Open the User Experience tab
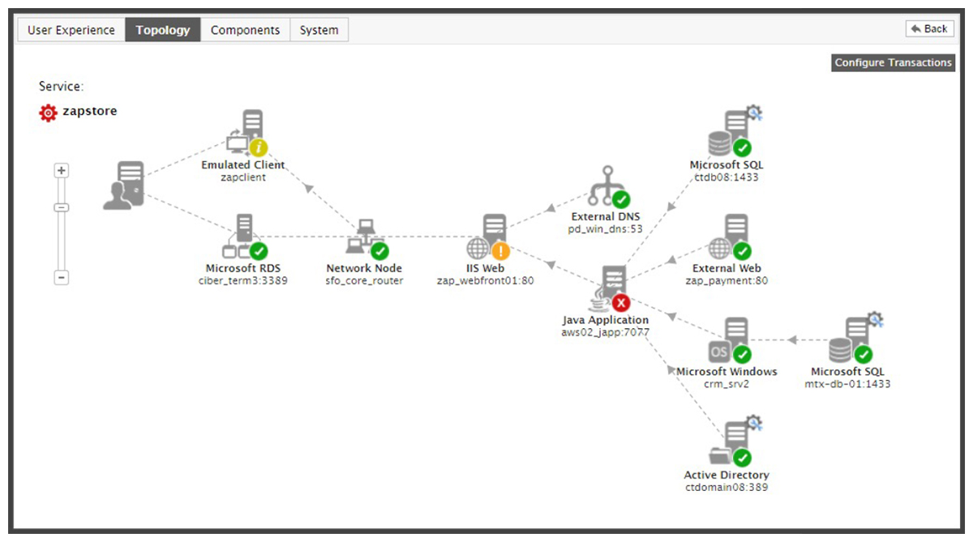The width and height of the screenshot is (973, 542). [71, 30]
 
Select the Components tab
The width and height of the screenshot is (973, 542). [245, 30]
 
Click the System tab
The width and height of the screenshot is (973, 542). [319, 30]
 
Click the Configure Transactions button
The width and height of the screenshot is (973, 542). [893, 62]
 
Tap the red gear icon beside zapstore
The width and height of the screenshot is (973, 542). [48, 113]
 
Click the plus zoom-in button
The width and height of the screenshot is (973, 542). [62, 171]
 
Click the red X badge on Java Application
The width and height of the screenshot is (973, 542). [621, 303]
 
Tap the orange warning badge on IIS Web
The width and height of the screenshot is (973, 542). [500, 251]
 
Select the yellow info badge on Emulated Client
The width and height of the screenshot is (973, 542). [259, 148]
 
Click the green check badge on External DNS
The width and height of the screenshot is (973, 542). [621, 199]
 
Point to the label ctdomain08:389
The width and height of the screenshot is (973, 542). [727, 488]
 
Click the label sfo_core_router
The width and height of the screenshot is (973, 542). [364, 281]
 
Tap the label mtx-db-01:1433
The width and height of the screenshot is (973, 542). [847, 384]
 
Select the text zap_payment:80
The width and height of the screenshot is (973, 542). [727, 281]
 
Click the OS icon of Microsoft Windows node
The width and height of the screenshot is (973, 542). [719, 352]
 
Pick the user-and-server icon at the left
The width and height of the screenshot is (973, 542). [124, 186]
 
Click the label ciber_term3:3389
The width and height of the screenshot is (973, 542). [242, 281]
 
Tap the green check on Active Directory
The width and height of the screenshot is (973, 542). [742, 458]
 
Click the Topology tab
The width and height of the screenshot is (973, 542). [163, 30]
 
